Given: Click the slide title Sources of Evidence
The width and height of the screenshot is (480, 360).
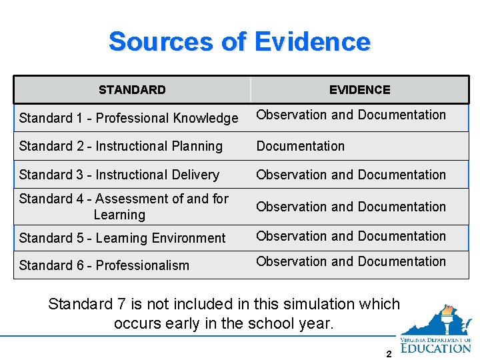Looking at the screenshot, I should [239, 41].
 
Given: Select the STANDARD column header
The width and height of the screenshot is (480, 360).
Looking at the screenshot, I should [132, 90].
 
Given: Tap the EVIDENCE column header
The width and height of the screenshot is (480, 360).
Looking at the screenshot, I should [359, 90].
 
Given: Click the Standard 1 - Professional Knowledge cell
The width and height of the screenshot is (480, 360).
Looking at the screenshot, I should [129, 118].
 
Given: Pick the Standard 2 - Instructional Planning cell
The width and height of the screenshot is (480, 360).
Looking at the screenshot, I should [121, 146].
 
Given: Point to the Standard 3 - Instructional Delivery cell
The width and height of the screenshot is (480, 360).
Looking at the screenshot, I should [119, 175].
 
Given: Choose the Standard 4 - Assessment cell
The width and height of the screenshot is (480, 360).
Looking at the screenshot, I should [124, 207].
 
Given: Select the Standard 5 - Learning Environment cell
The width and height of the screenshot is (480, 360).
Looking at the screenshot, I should [123, 238].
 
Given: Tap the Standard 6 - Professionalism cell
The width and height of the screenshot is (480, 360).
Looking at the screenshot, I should [104, 265].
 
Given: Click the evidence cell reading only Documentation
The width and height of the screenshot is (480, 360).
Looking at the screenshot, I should [301, 146].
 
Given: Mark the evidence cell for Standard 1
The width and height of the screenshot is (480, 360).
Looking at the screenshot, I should [351, 115].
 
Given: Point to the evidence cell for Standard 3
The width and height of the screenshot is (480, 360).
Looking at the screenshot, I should [351, 175].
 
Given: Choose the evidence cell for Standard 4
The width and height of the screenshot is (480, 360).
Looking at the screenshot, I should [351, 207].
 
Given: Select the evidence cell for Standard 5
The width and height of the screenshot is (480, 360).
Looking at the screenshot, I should [351, 236].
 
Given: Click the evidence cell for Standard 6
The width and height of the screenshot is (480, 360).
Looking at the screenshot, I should [351, 261].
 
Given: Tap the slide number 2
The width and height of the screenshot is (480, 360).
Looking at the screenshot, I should [389, 354].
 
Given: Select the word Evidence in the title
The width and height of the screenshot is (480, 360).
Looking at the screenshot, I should [312, 41].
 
